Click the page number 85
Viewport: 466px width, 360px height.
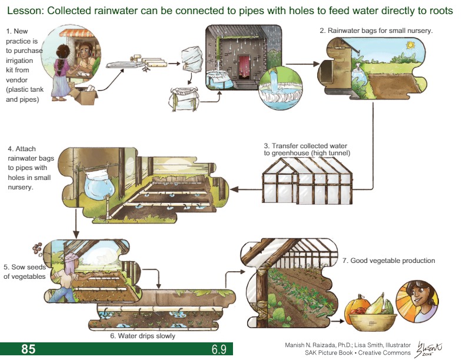(x=28, y=349)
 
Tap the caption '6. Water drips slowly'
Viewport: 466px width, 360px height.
(x=142, y=336)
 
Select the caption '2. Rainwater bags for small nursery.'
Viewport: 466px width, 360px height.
(x=377, y=30)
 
